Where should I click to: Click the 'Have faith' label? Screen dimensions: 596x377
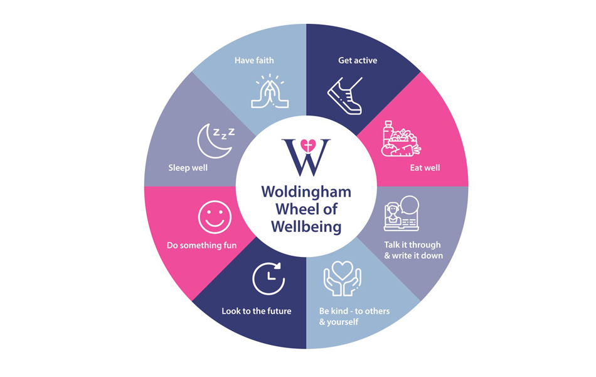[x=254, y=60]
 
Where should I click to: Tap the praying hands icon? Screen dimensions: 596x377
[x=270, y=91]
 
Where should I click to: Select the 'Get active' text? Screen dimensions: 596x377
[x=358, y=60]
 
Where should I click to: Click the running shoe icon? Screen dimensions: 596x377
[x=345, y=96]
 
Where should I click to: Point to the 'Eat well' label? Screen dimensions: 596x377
[x=425, y=168]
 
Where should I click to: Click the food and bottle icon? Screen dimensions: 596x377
[x=401, y=139]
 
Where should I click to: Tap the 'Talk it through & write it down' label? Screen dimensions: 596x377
[x=413, y=250]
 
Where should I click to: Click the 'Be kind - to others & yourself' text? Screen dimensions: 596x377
[x=354, y=316]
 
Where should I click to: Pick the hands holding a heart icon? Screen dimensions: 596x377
[x=342, y=278]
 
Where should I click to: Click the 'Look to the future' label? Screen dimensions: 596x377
[x=256, y=311]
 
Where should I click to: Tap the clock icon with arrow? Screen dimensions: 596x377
[x=269, y=278]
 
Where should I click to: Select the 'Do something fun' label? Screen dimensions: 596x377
[x=201, y=245]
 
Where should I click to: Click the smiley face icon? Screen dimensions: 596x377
[x=215, y=217]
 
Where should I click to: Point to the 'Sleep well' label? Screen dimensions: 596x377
[x=188, y=168]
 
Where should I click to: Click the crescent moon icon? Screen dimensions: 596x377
[x=211, y=141]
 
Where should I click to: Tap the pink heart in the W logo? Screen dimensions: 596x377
[x=308, y=146]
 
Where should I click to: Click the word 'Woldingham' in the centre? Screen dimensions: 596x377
[x=306, y=192]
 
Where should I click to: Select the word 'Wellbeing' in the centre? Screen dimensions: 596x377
[x=306, y=227]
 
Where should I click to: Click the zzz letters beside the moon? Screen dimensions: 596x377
[x=224, y=133]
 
